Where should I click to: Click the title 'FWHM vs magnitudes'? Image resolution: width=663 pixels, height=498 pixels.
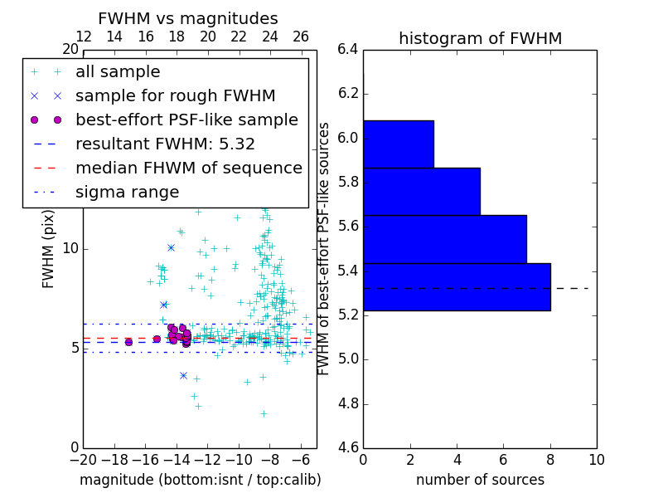pyautogui.click(x=187, y=18)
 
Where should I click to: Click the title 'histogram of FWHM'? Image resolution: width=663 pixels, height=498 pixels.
pyautogui.click(x=480, y=38)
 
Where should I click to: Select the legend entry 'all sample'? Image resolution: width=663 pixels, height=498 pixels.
pyautogui.click(x=118, y=72)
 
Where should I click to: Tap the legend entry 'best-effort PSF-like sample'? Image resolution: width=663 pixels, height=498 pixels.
pyautogui.click(x=186, y=120)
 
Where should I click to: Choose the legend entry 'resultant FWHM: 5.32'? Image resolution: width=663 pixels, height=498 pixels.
pyautogui.click(x=165, y=144)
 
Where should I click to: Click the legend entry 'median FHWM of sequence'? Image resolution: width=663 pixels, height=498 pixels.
pyautogui.click(x=188, y=168)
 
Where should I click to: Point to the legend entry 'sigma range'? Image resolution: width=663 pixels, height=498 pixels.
pyautogui.click(x=127, y=192)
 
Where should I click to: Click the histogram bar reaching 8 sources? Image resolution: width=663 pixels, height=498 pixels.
pyautogui.click(x=457, y=286)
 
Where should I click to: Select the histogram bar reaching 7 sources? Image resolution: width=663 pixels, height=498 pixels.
pyautogui.click(x=445, y=239)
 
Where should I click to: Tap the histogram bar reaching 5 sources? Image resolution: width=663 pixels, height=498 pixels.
pyautogui.click(x=422, y=192)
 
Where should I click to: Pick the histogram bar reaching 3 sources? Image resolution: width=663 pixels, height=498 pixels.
pyautogui.click(x=399, y=144)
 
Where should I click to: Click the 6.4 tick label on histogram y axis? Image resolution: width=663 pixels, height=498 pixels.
pyautogui.click(x=348, y=49)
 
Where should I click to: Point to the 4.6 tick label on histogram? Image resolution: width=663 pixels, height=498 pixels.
pyautogui.click(x=348, y=449)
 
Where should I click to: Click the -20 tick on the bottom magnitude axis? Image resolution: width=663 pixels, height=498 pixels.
pyautogui.click(x=83, y=460)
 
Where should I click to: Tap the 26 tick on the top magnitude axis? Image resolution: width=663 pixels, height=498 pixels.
pyautogui.click(x=301, y=37)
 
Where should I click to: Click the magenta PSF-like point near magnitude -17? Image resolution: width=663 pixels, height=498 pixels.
pyautogui.click(x=128, y=342)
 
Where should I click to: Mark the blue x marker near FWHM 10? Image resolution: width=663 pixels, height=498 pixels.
pyautogui.click(x=171, y=247)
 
